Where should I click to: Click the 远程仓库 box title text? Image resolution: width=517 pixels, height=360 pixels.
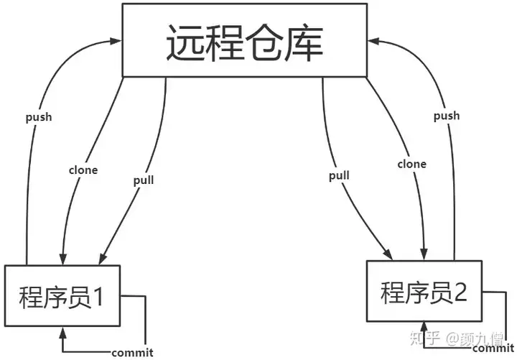point(245,42)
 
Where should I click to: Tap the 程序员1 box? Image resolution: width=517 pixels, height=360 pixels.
point(62,295)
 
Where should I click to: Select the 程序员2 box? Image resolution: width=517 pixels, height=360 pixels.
point(424,291)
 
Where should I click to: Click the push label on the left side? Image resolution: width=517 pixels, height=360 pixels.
point(39,117)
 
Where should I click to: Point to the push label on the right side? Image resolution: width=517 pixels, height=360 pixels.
point(447,116)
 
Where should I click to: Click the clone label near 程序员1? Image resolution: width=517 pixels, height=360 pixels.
point(83,170)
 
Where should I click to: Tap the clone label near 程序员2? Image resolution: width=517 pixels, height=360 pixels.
point(412,164)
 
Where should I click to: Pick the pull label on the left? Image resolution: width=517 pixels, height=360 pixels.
point(144,180)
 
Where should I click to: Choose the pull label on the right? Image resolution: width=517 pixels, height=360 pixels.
point(339,176)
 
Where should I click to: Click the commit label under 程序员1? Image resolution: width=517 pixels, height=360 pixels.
point(133,353)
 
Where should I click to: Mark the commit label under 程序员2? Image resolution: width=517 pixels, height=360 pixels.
point(493,348)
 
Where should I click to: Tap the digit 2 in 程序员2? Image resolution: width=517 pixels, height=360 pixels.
point(460,292)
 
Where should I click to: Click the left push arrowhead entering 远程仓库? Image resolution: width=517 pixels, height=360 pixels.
point(116,41)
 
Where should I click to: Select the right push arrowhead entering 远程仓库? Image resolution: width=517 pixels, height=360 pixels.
point(373,41)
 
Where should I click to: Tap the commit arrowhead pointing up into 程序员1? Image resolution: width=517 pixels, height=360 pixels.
point(62,333)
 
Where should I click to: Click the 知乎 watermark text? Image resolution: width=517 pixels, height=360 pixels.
point(425,338)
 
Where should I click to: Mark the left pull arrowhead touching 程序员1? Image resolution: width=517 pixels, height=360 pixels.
point(103,259)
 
